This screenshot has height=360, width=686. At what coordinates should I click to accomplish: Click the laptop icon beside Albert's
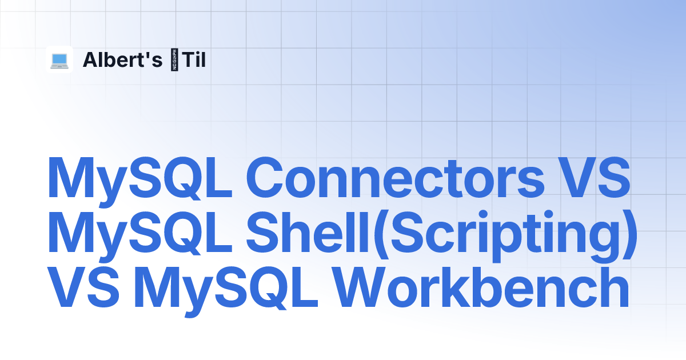click(59, 61)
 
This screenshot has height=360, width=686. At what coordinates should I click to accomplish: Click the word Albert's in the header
click(122, 59)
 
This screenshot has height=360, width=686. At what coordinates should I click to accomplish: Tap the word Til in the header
click(194, 59)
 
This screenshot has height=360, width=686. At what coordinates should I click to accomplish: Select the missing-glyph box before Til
click(174, 59)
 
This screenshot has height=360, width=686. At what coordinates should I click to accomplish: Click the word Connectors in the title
click(396, 178)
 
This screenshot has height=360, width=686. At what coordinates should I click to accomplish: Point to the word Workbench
click(481, 287)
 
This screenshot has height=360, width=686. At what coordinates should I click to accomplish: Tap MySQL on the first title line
click(140, 182)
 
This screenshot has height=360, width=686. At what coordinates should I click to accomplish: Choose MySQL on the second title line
click(140, 237)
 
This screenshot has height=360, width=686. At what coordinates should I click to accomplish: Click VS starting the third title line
click(83, 287)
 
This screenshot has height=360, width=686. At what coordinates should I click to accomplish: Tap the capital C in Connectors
click(265, 178)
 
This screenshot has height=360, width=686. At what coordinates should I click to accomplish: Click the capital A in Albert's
click(92, 59)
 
